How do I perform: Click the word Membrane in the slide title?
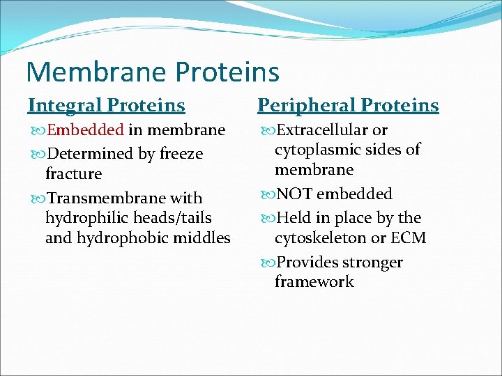96,72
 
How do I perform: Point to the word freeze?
180,154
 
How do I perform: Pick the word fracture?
73,173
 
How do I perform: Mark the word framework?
314,282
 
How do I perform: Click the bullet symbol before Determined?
37,154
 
